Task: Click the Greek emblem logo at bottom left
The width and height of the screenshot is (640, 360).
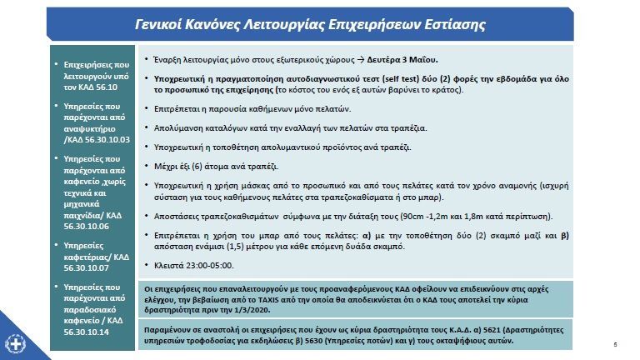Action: (x=15, y=344)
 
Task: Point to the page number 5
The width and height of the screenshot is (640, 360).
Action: (x=613, y=344)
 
